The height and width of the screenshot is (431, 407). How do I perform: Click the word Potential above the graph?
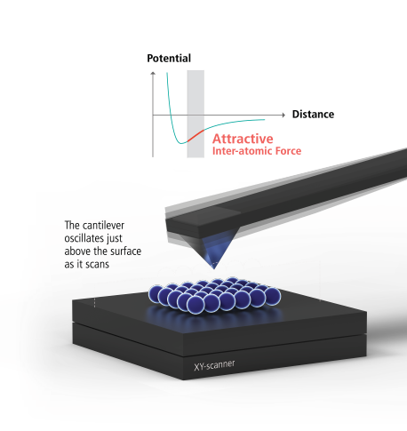click(169, 59)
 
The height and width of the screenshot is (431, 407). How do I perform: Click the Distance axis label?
click(313, 115)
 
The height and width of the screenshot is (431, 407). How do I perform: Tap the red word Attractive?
click(243, 139)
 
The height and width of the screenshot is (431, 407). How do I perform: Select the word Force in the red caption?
click(288, 151)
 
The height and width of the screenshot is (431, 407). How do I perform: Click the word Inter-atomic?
click(243, 151)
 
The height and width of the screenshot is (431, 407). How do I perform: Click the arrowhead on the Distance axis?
click(283, 115)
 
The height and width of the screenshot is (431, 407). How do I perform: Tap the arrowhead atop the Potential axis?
click(153, 73)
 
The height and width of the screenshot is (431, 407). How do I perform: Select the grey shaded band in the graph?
click(196, 114)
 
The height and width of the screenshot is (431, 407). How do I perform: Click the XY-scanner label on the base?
click(214, 365)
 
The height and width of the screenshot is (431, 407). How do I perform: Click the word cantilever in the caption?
click(104, 226)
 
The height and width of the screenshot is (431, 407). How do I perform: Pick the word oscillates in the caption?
click(84, 238)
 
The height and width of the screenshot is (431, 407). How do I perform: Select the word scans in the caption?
click(98, 264)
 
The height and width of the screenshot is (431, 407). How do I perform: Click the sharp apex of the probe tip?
click(214, 268)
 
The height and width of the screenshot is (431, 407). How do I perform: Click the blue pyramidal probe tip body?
click(215, 251)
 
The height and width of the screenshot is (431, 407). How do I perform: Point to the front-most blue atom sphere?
click(196, 304)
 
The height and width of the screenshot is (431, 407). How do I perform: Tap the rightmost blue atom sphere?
click(272, 296)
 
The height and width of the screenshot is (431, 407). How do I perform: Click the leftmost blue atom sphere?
click(156, 293)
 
